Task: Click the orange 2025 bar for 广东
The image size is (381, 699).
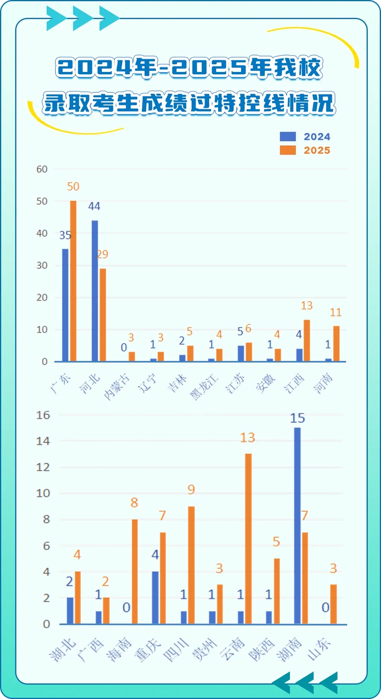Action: [73, 281]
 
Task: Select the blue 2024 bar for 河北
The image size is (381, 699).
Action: [95, 291]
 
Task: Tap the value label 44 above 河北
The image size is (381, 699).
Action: [94, 207]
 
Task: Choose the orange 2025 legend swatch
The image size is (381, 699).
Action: [288, 150]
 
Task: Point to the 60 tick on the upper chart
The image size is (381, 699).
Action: [42, 169]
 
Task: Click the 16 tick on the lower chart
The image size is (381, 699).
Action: [43, 415]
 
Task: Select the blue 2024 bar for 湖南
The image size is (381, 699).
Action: [298, 526]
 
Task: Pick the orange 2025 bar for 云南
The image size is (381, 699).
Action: [248, 538]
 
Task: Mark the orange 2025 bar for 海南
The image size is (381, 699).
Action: [135, 571]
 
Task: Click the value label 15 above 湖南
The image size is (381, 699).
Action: [298, 418]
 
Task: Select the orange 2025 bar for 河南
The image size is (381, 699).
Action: [337, 344]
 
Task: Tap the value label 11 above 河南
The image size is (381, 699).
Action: [336, 313]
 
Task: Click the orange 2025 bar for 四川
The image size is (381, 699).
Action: [191, 565]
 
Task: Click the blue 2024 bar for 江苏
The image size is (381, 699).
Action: [241, 354]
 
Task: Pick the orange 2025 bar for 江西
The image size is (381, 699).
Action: [307, 340]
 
